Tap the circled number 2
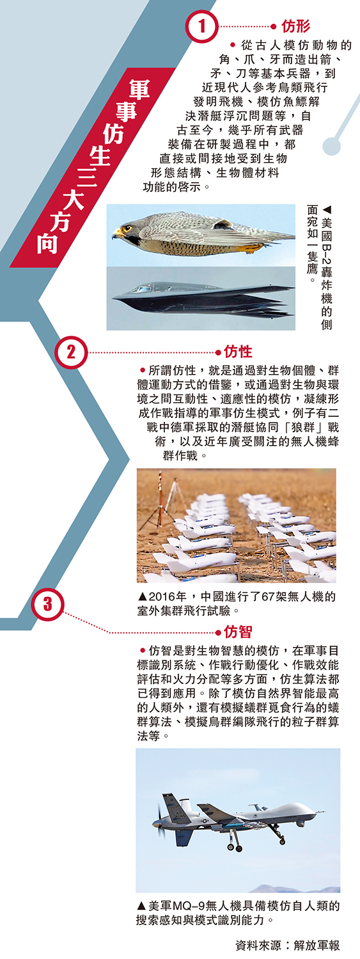[x=71, y=352]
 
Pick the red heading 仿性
[x=238, y=351]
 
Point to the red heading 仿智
[x=238, y=632]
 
